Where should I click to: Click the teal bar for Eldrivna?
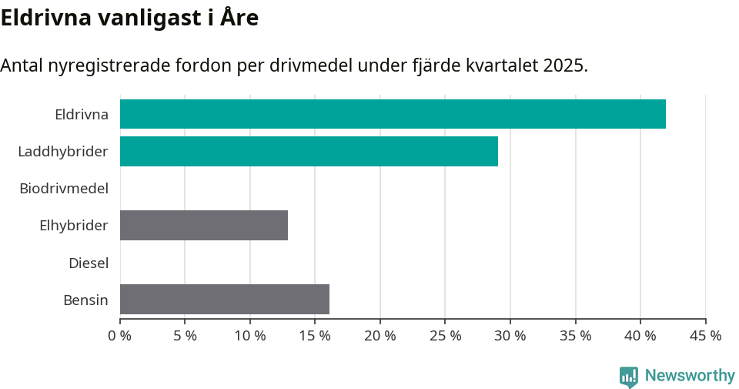coord(393,114)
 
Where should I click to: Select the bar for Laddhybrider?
coord(309,151)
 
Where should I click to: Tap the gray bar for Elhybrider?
coord(204,225)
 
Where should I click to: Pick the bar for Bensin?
coord(225,299)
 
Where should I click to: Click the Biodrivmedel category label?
coord(64,188)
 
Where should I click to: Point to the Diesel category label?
coord(89,263)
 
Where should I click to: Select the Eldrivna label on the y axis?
coord(82,115)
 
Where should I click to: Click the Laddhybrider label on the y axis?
coord(63,152)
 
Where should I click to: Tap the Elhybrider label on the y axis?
coord(74,226)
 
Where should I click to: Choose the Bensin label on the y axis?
coord(85,300)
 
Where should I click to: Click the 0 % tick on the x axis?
coord(120,336)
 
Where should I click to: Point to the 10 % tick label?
coord(250,336)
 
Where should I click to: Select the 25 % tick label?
coord(446,336)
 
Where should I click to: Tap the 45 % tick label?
coord(705,336)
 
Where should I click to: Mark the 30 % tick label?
coord(510,336)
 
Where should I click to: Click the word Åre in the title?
coord(238,18)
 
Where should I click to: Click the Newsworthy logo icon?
coord(629,376)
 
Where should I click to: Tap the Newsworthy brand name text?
coord(690,376)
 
